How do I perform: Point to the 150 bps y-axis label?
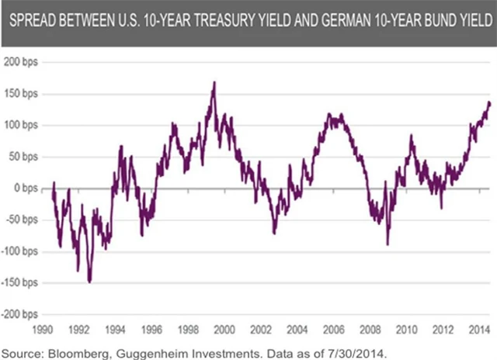pyautogui.click(x=22, y=93)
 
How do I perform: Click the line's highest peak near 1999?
pyautogui.click(x=214, y=82)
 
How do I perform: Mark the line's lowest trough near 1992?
pyautogui.click(x=90, y=282)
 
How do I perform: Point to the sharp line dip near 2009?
pyautogui.click(x=387, y=244)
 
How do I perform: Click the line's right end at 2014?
pyautogui.click(x=488, y=102)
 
